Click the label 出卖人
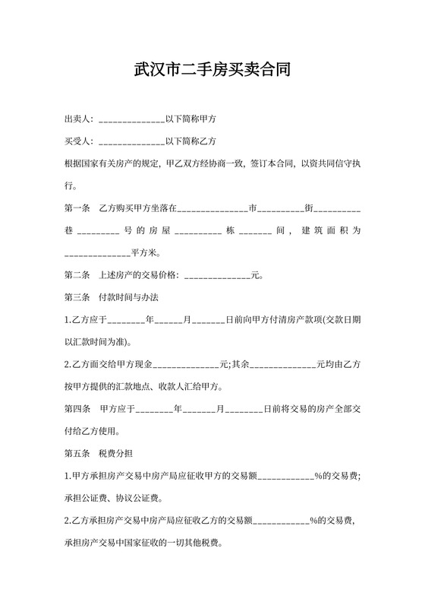coord(77,119)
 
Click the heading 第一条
coord(77,208)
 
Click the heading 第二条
coord(77,274)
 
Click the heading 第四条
coord(77,409)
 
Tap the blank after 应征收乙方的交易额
coord(282,522)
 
